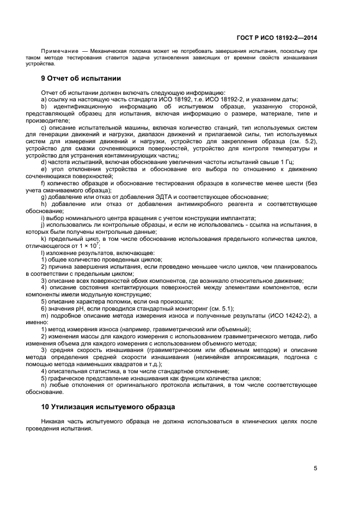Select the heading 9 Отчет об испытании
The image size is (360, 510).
pyautogui.click(x=81, y=78)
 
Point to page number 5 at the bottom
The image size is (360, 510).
pyautogui.click(x=315, y=468)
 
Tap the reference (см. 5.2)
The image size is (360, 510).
pyautogui.click(x=303, y=142)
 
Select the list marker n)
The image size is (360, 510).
pyautogui.click(x=45, y=385)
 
